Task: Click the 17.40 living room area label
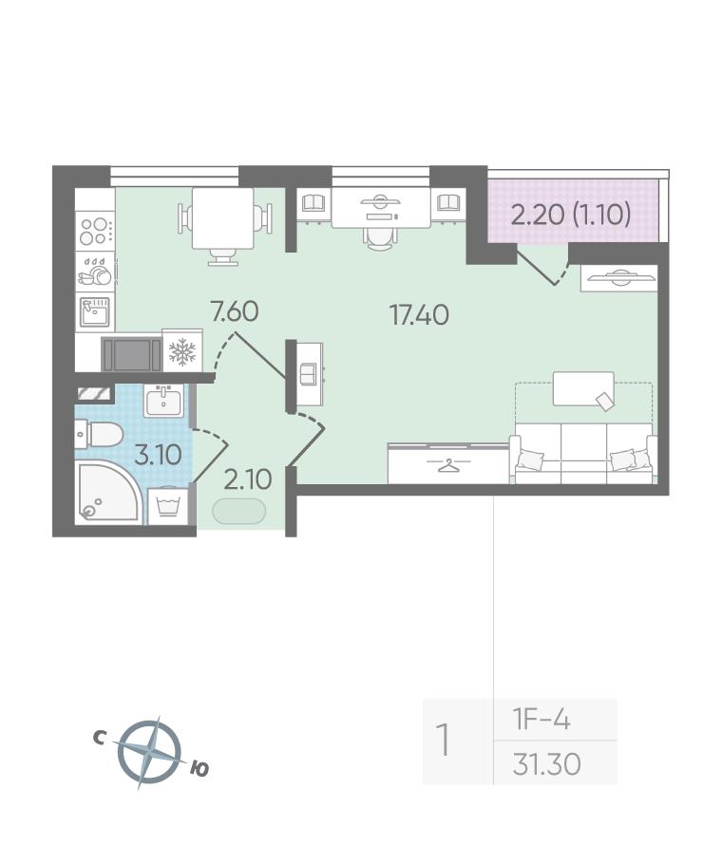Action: click(x=419, y=314)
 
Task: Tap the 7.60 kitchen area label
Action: click(x=235, y=311)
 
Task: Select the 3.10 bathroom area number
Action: click(x=158, y=455)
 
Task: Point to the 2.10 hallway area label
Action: click(x=248, y=479)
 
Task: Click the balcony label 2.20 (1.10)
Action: click(x=571, y=216)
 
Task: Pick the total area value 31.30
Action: click(x=547, y=763)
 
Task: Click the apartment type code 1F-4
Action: click(x=541, y=720)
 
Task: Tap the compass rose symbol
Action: click(x=149, y=753)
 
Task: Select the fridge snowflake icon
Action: click(x=182, y=351)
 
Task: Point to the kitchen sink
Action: click(x=95, y=311)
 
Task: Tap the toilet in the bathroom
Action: click(x=100, y=434)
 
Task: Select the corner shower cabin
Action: click(x=108, y=492)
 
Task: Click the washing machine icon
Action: click(x=168, y=507)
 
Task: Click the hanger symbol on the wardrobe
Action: click(x=447, y=465)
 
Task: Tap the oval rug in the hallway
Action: click(x=238, y=512)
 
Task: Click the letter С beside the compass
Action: click(x=99, y=739)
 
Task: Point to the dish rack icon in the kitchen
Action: click(x=95, y=272)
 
